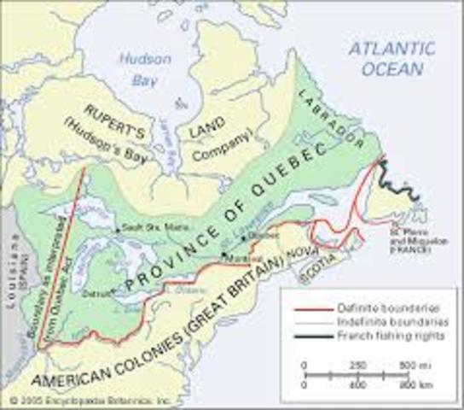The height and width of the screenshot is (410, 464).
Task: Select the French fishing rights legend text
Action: (x=374, y=332)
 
